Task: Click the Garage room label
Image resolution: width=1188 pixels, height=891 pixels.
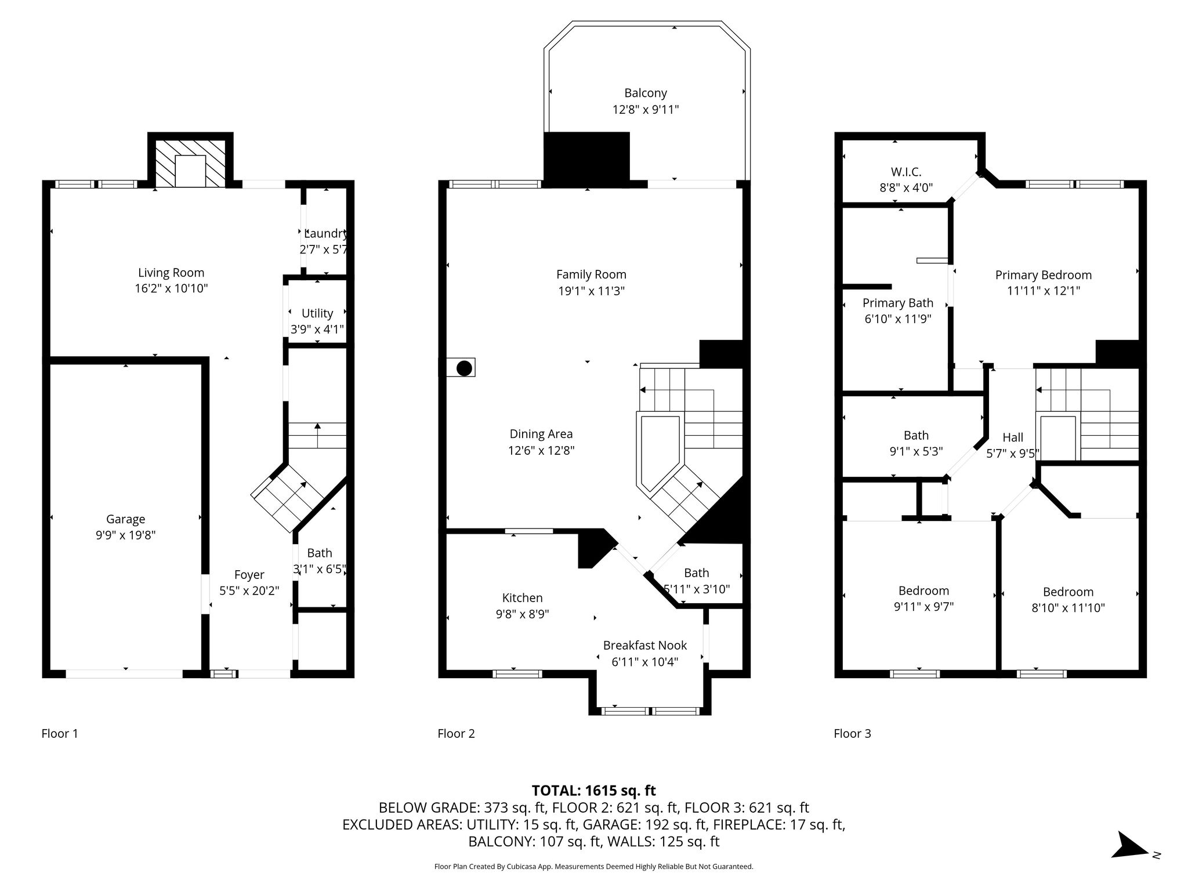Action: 125,519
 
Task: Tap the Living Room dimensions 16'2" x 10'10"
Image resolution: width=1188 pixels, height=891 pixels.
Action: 171,288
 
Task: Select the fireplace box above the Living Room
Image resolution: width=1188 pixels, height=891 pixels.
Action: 190,163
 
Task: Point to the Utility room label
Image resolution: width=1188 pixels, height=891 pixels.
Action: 317,313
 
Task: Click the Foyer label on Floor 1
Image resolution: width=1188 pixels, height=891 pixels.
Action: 249,575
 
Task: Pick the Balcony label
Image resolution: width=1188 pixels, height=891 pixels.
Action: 646,93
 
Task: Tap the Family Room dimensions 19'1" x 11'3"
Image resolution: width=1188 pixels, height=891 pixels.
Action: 591,291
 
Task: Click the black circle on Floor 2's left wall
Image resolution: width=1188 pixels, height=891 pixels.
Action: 464,368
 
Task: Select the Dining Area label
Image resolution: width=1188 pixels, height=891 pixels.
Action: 541,434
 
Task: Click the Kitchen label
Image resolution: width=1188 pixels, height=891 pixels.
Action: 522,598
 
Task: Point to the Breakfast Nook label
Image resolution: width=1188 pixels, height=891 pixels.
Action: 645,645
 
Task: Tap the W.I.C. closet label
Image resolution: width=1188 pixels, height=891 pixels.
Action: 906,172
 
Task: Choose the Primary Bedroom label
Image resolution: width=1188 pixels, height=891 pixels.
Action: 1044,275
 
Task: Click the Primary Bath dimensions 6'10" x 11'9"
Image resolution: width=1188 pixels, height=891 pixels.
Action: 898,318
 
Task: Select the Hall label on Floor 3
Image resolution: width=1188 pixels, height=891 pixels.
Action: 1013,437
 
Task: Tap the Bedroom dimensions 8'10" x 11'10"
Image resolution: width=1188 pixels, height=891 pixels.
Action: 1068,608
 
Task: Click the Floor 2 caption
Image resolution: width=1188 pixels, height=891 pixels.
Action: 456,733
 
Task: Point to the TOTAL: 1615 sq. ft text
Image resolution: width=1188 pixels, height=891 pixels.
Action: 593,790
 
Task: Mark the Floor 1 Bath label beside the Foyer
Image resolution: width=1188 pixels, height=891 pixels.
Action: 320,553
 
